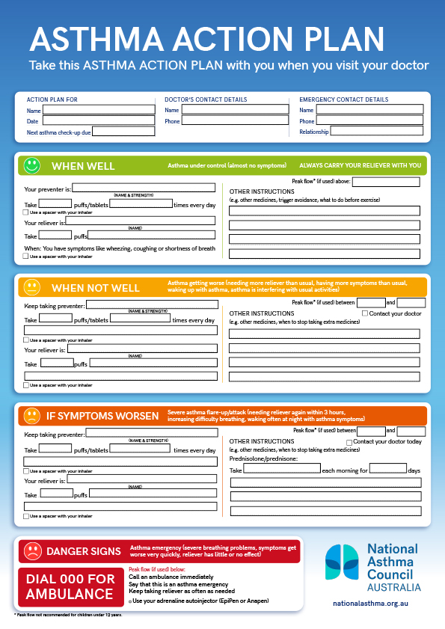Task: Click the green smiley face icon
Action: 31,165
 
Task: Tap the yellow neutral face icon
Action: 31,287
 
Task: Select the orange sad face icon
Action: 31,415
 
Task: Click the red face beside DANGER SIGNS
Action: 31,551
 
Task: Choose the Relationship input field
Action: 376,130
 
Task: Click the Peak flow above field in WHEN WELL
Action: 386,182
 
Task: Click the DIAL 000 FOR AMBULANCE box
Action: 70,586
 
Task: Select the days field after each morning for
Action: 388,469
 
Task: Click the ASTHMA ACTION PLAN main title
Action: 206,39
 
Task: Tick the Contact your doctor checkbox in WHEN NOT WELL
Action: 365,313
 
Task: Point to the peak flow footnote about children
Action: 68,615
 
